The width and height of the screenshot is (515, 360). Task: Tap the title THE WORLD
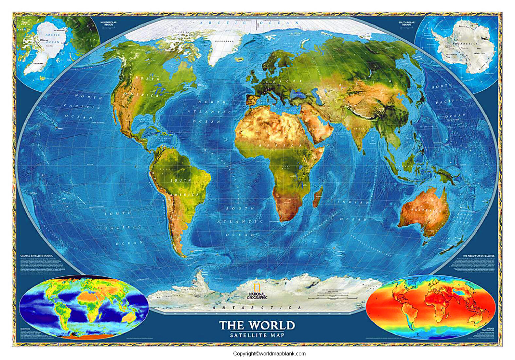257,325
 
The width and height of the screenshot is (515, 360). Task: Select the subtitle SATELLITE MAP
257,335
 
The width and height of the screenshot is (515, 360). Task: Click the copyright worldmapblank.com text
269,353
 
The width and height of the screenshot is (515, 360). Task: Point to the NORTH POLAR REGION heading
108,23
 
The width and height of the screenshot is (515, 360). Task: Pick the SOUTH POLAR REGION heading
406,23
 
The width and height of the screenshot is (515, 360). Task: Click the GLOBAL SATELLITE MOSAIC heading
37,256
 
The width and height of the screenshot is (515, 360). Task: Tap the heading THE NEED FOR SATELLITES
478,256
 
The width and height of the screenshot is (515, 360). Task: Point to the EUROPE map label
284,81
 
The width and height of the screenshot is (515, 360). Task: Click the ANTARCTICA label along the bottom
257,308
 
